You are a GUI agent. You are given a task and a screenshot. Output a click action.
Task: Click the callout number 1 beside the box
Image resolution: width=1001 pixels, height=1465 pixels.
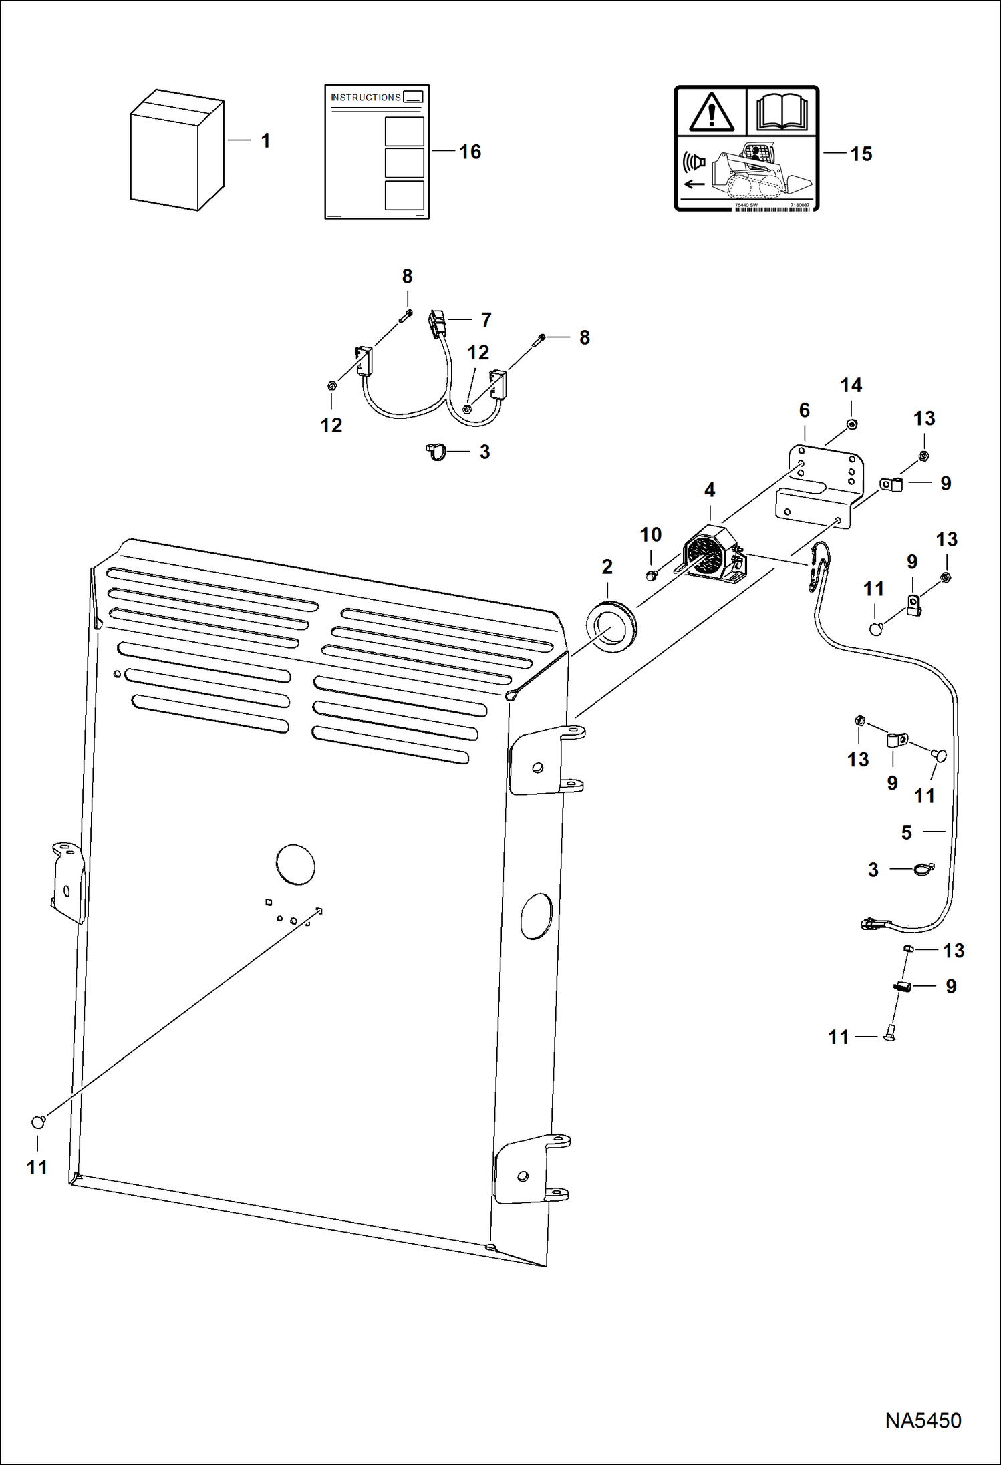coord(265,141)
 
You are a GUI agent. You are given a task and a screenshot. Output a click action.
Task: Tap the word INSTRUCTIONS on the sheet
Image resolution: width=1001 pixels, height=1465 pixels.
coord(366,98)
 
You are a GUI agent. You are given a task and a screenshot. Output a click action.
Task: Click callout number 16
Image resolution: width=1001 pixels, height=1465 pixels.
coord(470,152)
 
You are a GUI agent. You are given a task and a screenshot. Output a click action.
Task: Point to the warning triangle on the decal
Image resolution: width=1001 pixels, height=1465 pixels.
coord(712,113)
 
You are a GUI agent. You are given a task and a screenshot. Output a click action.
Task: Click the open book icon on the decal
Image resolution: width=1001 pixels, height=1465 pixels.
coord(782,112)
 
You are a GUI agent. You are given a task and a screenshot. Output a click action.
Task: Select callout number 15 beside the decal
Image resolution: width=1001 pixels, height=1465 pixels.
coord(861,154)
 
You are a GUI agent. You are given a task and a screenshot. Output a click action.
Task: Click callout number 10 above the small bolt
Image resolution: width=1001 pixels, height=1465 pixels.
coord(650,535)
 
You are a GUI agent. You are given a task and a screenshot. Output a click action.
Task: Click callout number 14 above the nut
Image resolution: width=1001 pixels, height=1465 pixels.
coord(851,385)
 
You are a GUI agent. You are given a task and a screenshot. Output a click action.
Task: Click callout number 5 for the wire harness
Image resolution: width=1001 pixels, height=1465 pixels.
coord(906,832)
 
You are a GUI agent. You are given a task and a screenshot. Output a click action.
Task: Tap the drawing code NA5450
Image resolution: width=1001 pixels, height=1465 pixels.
coord(923,1421)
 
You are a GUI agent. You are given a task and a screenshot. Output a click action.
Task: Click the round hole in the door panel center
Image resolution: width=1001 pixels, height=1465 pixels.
coord(295,864)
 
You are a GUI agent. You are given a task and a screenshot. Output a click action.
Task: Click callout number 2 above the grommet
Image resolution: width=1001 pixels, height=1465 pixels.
coord(607,567)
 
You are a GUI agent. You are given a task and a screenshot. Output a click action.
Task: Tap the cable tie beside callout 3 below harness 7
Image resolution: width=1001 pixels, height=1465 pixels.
coord(436,452)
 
